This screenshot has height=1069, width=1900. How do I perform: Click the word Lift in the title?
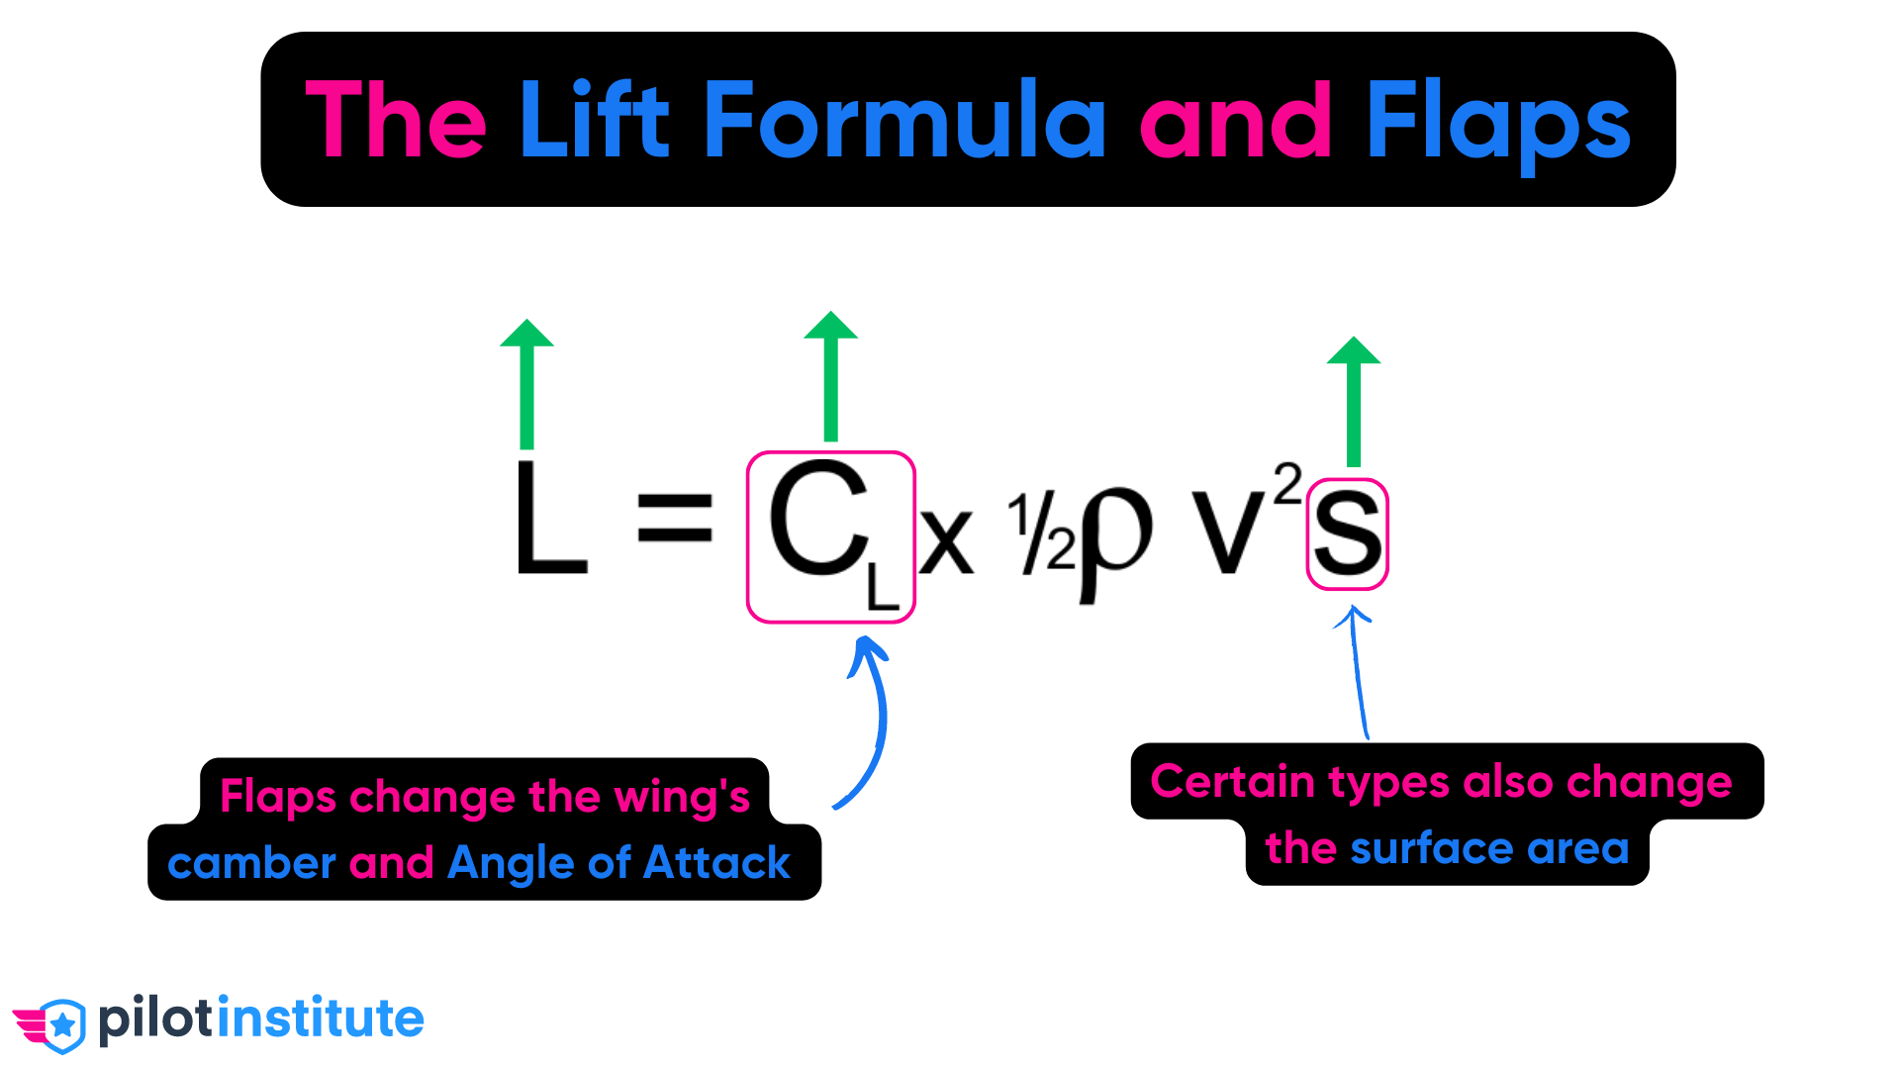[x=594, y=121]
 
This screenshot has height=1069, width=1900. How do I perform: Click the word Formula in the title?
[x=904, y=121]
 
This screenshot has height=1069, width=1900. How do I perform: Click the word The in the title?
[x=396, y=121]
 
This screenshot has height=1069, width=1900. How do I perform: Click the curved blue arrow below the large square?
[x=875, y=723]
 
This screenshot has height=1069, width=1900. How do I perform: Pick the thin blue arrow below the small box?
[x=1358, y=673]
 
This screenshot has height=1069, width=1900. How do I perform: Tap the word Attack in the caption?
[x=716, y=863]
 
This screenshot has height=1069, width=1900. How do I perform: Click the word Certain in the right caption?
[x=1232, y=782]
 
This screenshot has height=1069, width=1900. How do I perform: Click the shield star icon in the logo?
[x=63, y=1023]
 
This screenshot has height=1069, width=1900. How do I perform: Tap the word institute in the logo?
[x=321, y=1019]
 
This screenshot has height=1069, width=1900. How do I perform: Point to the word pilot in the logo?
[x=155, y=1020]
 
